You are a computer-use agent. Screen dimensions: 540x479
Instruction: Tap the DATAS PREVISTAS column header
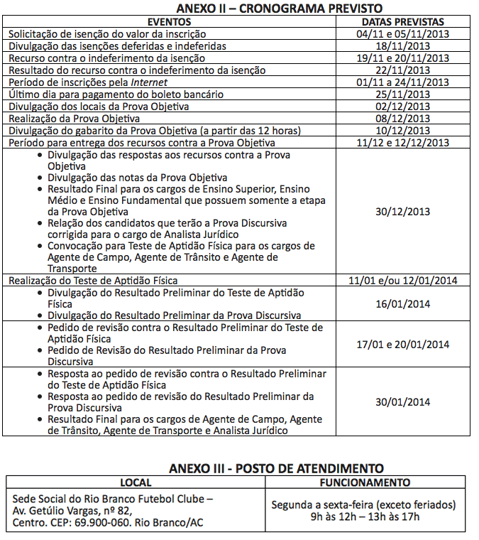[403, 22]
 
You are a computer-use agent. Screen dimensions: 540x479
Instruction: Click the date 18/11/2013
[403, 46]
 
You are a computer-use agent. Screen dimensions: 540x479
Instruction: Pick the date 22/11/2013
[403, 70]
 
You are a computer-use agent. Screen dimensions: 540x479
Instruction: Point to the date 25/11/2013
[403, 94]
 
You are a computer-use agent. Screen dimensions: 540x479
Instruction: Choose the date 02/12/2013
[403, 107]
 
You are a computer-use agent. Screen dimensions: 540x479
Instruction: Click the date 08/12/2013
[403, 119]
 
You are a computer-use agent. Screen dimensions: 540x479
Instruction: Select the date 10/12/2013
[403, 131]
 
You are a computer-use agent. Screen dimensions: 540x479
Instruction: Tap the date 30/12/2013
[403, 212]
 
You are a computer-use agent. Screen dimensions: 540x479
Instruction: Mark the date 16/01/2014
[403, 304]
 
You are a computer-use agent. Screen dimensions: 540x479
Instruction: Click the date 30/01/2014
[403, 401]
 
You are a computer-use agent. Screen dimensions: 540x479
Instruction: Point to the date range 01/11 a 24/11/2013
[403, 82]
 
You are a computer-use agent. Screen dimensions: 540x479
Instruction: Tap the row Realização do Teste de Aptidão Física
[93, 281]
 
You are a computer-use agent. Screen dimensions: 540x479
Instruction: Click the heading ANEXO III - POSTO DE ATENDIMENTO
[277, 468]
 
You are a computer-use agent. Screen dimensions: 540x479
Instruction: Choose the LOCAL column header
[136, 482]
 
